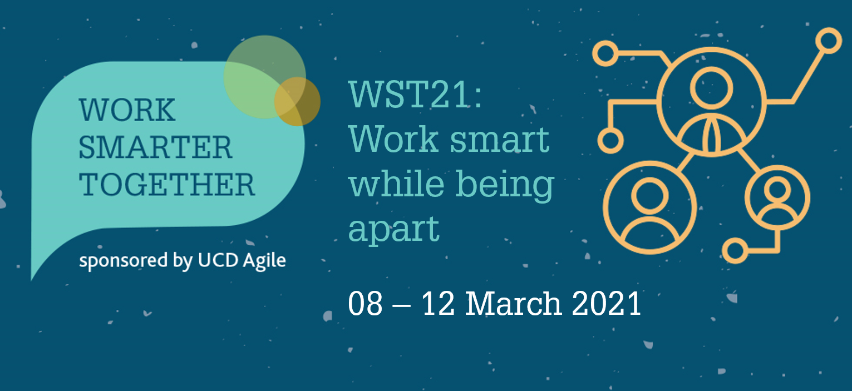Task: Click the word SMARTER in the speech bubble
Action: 155,147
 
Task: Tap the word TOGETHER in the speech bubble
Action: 166,185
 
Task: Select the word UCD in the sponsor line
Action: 218,260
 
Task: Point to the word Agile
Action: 264,261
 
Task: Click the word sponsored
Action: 124,261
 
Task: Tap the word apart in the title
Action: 394,229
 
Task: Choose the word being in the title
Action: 505,185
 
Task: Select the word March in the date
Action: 514,303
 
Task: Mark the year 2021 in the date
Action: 607,303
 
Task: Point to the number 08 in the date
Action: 365,303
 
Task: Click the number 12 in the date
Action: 438,303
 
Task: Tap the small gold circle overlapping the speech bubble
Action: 297,101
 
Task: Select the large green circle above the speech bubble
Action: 265,77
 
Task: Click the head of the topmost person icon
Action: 711,88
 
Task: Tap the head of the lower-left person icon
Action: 649,196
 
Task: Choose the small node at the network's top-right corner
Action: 829,41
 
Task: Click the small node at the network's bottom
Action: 735,251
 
